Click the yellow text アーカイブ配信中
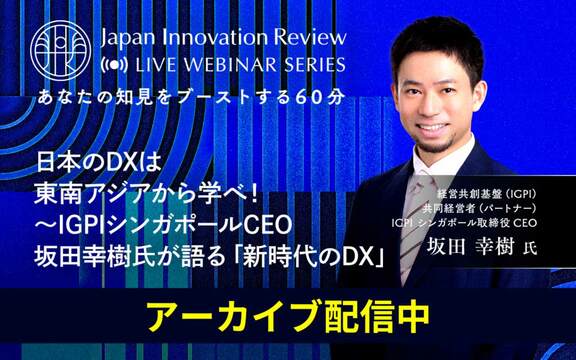click(287, 315)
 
